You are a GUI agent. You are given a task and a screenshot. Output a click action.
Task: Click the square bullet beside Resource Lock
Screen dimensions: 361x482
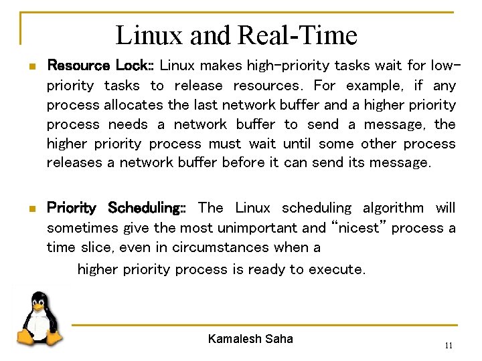pos(31,67)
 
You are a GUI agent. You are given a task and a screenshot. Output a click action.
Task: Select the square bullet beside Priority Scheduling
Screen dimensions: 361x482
pos(31,209)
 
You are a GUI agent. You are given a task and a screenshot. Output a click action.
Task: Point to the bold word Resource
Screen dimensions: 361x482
pos(78,66)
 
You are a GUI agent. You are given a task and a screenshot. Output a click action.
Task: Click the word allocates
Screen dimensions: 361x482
pos(133,105)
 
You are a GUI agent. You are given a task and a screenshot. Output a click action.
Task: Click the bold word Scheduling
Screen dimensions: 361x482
pos(147,208)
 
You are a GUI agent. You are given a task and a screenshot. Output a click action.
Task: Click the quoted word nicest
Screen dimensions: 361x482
pos(358,228)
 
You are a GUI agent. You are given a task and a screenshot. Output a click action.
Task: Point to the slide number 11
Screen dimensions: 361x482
pos(449,346)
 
